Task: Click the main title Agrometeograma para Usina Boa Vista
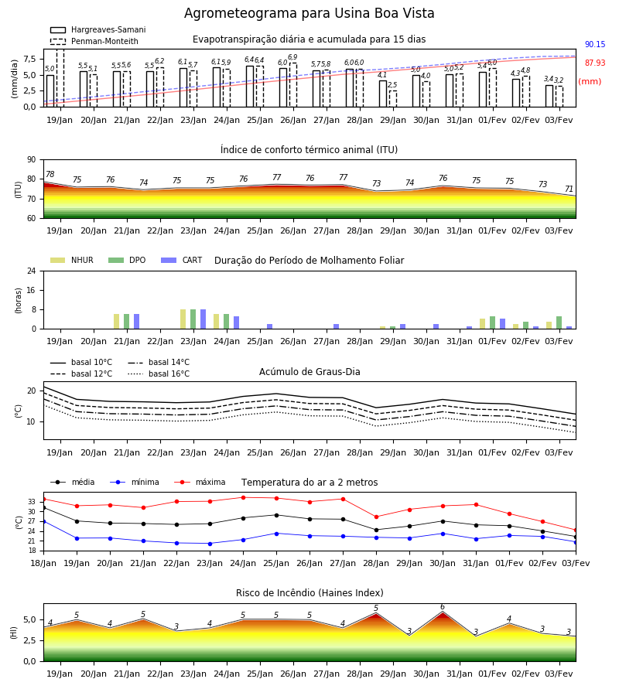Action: (x=309, y=13)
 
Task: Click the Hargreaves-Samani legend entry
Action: (x=97, y=29)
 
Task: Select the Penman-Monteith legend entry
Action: (x=94, y=41)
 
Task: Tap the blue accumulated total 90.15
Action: (x=595, y=44)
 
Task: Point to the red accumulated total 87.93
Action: (x=595, y=63)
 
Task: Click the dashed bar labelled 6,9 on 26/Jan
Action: (x=293, y=85)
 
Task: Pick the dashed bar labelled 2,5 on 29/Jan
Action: (x=393, y=99)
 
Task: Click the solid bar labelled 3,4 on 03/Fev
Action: (x=549, y=96)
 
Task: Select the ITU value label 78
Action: (x=50, y=175)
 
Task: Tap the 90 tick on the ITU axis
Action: (x=32, y=160)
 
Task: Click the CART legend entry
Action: (x=182, y=260)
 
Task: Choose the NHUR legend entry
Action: (x=72, y=260)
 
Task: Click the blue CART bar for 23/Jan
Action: (x=203, y=319)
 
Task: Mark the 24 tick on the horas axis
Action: (x=32, y=271)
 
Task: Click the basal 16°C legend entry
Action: (x=159, y=374)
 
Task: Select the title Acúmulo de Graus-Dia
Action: (x=309, y=372)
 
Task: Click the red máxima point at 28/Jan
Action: (x=377, y=517)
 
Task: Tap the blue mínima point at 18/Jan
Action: (x=43, y=521)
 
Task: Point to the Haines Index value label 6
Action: (x=443, y=607)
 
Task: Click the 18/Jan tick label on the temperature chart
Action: (x=43, y=563)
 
